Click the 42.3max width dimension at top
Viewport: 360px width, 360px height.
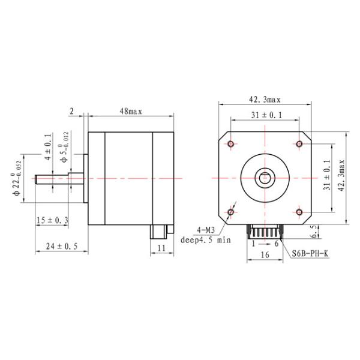265,100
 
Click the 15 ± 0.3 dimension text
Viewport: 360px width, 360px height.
52,220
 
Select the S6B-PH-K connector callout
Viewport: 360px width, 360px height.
310,253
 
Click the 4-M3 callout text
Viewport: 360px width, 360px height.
206,230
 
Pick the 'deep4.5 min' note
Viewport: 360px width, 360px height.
206,240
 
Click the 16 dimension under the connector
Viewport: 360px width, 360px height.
265,255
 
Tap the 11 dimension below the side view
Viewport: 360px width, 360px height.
161,247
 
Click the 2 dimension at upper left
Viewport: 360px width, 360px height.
72,111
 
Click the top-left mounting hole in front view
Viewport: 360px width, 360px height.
231,143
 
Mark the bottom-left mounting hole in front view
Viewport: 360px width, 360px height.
231,212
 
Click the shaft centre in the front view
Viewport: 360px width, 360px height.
265,178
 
